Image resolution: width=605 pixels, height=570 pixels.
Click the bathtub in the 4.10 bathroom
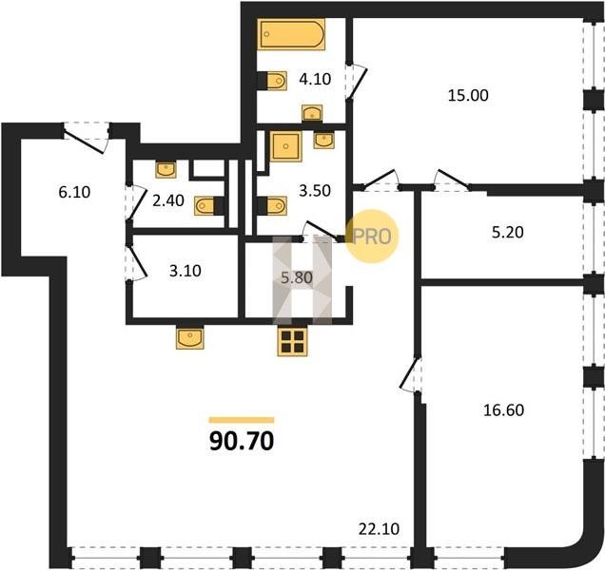coord(291,34)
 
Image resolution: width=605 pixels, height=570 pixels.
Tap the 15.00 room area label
coord(468,95)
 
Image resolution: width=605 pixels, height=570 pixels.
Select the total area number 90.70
coord(242,441)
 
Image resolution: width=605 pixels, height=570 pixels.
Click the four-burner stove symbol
coord(292,341)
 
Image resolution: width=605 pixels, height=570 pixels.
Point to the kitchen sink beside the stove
coord(190,338)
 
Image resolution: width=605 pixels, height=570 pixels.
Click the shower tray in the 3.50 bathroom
coord(285,146)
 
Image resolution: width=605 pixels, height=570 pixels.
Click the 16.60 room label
coord(503,410)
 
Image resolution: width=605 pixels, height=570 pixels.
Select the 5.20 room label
coord(508,233)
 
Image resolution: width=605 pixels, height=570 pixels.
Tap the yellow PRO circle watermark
coord(371,237)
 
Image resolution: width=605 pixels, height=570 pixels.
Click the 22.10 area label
coord(379,529)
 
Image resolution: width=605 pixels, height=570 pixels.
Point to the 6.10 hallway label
coord(74,192)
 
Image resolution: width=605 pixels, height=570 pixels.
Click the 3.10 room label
coord(185,271)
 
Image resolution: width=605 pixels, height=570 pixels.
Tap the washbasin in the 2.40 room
coord(166,169)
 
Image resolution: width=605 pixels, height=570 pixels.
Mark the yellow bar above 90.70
coord(242,420)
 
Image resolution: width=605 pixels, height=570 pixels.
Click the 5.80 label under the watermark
coord(297,277)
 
